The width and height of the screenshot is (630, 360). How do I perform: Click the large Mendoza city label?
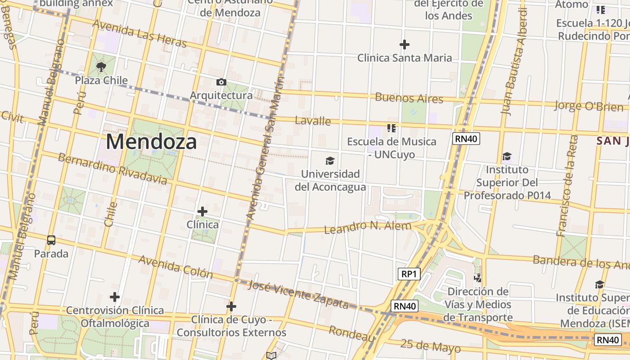[151, 142]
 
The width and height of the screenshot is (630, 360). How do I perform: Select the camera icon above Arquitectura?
[221, 82]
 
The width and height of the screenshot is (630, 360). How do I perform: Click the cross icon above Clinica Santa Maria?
[405, 45]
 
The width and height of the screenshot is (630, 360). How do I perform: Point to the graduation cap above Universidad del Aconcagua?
[330, 161]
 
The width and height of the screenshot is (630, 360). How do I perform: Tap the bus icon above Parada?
[51, 240]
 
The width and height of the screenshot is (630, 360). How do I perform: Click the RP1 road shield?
[409, 274]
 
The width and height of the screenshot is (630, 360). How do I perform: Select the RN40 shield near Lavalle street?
[466, 139]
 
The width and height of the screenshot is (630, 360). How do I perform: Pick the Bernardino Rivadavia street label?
[112, 169]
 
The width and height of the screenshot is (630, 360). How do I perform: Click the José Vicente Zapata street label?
[298, 295]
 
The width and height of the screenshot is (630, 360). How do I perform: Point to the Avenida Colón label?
[175, 266]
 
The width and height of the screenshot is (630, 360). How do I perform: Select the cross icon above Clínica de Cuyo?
[231, 307]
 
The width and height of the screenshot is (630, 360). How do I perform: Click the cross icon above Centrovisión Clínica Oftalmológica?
[115, 297]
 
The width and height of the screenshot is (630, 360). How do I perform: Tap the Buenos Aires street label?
[409, 98]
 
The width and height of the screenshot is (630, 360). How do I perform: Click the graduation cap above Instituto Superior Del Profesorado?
[507, 157]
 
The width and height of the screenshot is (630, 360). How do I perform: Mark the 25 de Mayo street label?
[430, 346]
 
